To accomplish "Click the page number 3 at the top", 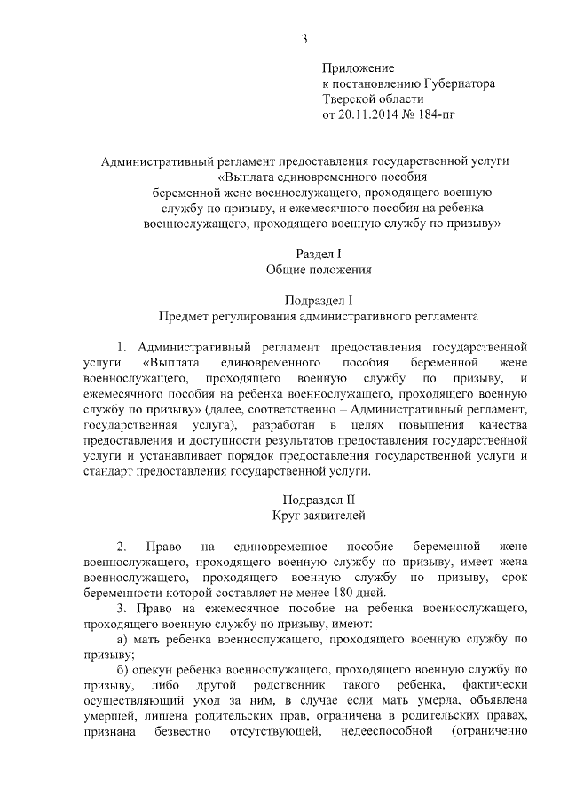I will pos(304,38).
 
